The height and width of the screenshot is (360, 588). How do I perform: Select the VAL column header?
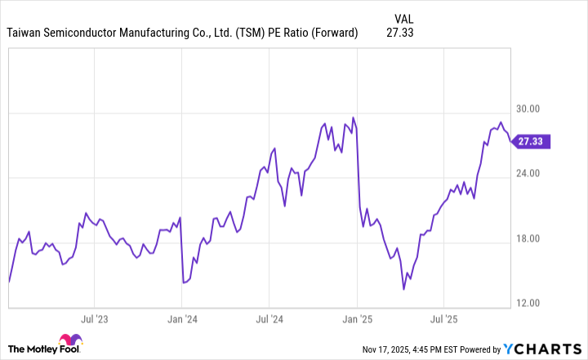pyautogui.click(x=403, y=17)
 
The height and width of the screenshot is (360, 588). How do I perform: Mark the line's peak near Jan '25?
pyautogui.click(x=353, y=118)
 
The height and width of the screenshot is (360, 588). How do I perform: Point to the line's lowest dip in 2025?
pyautogui.click(x=403, y=288)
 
